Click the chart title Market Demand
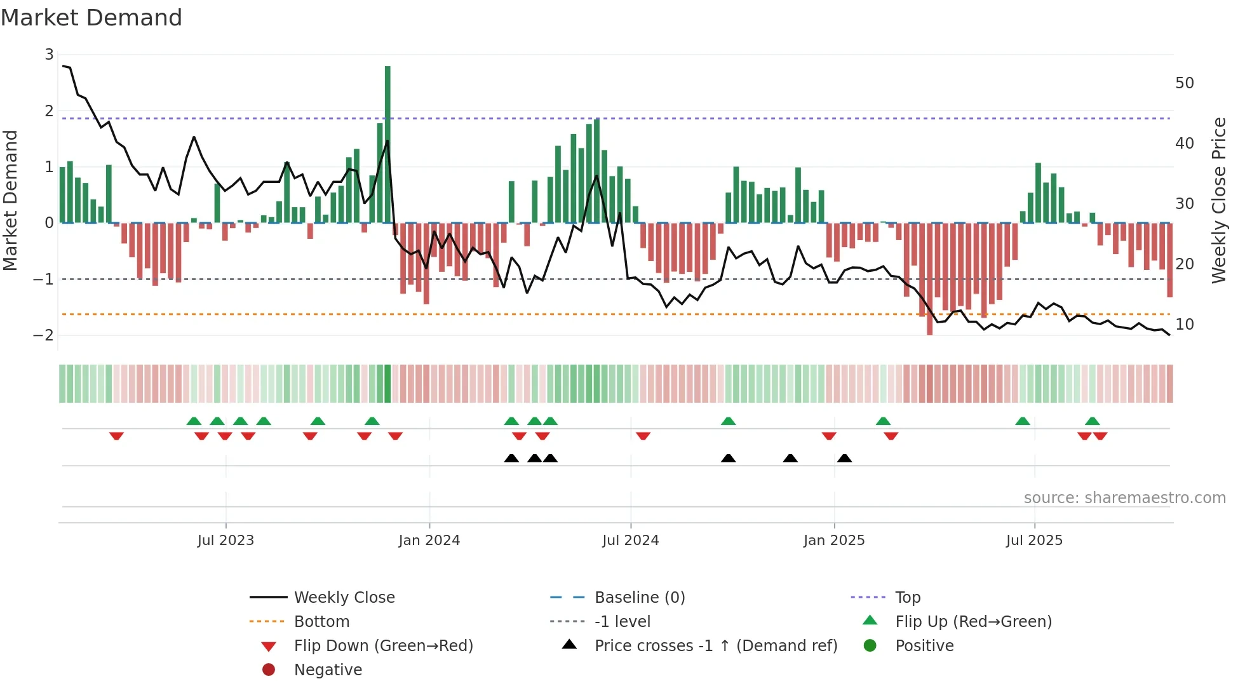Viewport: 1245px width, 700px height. tap(91, 18)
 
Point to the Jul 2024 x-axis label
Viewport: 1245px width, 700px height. tap(630, 541)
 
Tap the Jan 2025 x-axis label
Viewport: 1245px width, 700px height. tap(833, 541)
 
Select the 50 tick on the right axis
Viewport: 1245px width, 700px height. tap(1184, 83)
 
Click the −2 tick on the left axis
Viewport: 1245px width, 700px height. tap(43, 335)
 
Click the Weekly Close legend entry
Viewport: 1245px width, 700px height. tap(344, 598)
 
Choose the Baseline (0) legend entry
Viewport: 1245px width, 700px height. tap(639, 598)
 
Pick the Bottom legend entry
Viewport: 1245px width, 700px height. tap(321, 622)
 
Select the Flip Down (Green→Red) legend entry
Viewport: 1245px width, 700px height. tap(383, 646)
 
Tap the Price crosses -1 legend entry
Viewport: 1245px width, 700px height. tap(715, 646)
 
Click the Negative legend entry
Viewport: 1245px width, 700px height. tap(328, 670)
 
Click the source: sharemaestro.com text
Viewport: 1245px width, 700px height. tap(1124, 498)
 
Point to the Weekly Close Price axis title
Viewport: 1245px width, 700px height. tap(1218, 200)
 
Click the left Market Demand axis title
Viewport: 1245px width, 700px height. tap(11, 200)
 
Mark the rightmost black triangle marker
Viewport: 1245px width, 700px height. tap(844, 459)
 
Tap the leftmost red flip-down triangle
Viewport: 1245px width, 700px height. tap(116, 436)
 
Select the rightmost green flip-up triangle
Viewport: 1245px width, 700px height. tap(1092, 421)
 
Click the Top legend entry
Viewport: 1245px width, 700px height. tap(907, 598)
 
